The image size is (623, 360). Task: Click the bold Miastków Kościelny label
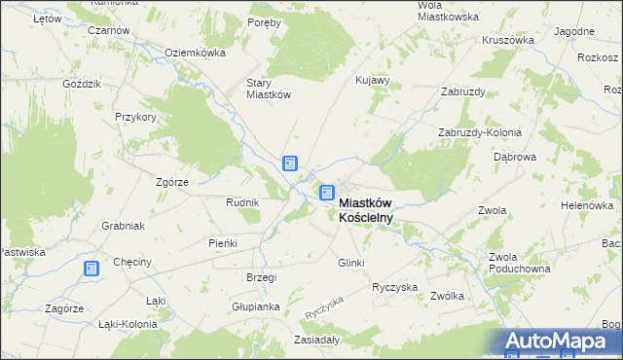coord(366,210)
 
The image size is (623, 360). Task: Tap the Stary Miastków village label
coord(269,89)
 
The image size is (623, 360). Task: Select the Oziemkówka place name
coord(195,53)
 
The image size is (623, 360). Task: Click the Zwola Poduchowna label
coord(520,263)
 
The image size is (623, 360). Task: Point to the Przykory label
coord(134,116)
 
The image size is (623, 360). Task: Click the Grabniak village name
coord(123,226)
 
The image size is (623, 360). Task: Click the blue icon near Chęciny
coord(91,269)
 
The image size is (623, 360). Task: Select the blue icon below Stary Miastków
coord(290,163)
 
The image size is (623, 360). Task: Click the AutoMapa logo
coord(560,342)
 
